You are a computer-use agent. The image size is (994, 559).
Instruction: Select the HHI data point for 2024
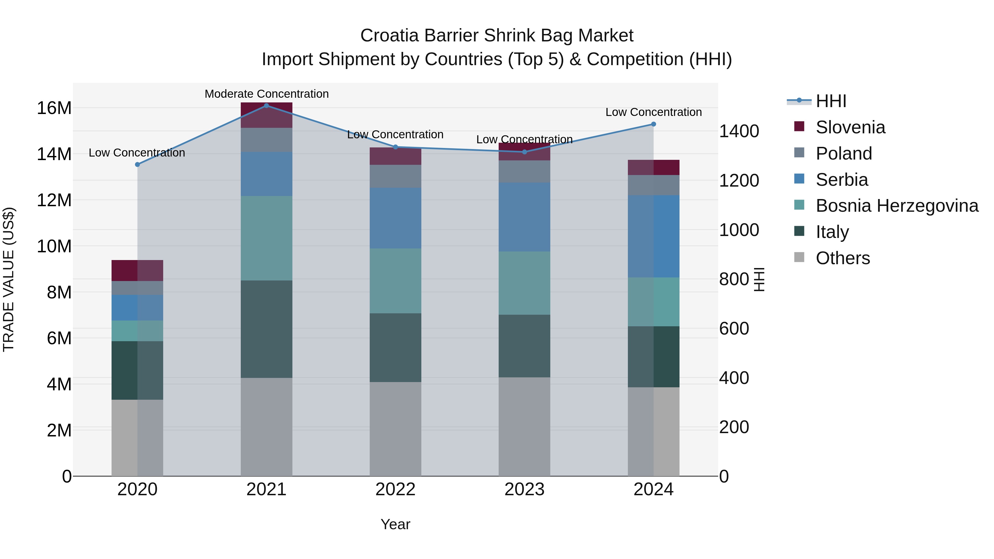pos(653,124)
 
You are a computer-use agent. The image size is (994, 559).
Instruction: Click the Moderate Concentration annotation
pos(267,94)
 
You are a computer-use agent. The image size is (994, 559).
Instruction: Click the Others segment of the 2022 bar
pos(395,429)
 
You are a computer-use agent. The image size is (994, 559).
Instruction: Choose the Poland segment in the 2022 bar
pos(395,176)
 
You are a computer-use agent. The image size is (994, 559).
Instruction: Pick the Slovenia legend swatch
pos(799,126)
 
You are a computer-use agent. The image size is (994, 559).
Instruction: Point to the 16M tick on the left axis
pos(54,108)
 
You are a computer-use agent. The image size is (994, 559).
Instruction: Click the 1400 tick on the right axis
pos(739,131)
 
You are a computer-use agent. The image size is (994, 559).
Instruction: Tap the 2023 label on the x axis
pos(524,489)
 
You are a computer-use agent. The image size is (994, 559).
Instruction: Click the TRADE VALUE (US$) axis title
pos(9,279)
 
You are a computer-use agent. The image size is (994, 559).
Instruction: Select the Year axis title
pos(395,524)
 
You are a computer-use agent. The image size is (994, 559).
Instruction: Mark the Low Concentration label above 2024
pos(653,112)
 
